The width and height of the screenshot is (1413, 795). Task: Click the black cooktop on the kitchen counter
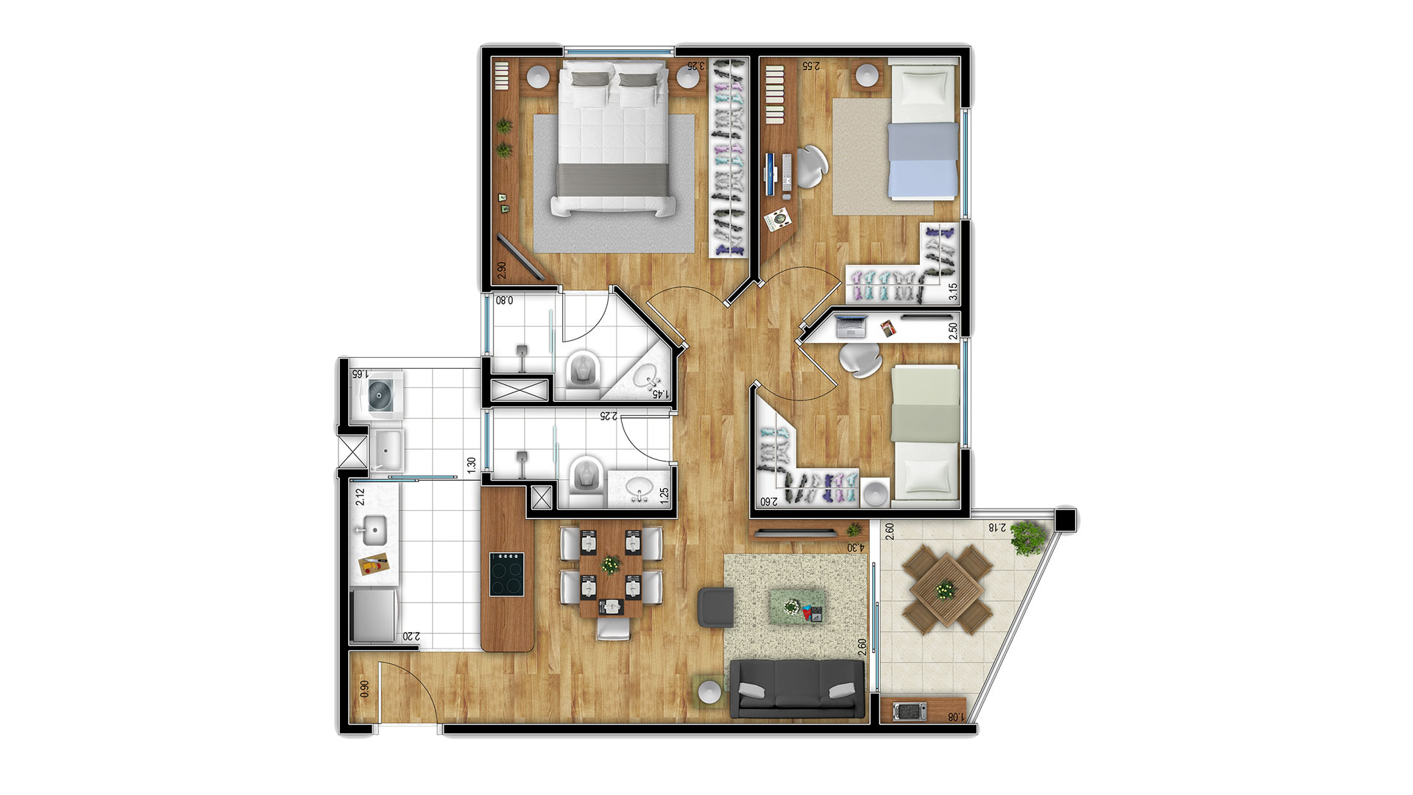[508, 574]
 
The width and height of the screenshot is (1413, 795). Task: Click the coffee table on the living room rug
[796, 606]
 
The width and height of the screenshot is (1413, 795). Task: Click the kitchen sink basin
[375, 529]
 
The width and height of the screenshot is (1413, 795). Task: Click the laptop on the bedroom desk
[851, 326]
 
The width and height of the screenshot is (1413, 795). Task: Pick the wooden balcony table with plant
[943, 589]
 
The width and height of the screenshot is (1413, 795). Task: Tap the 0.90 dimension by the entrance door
[364, 689]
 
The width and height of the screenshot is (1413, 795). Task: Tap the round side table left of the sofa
[710, 693]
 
